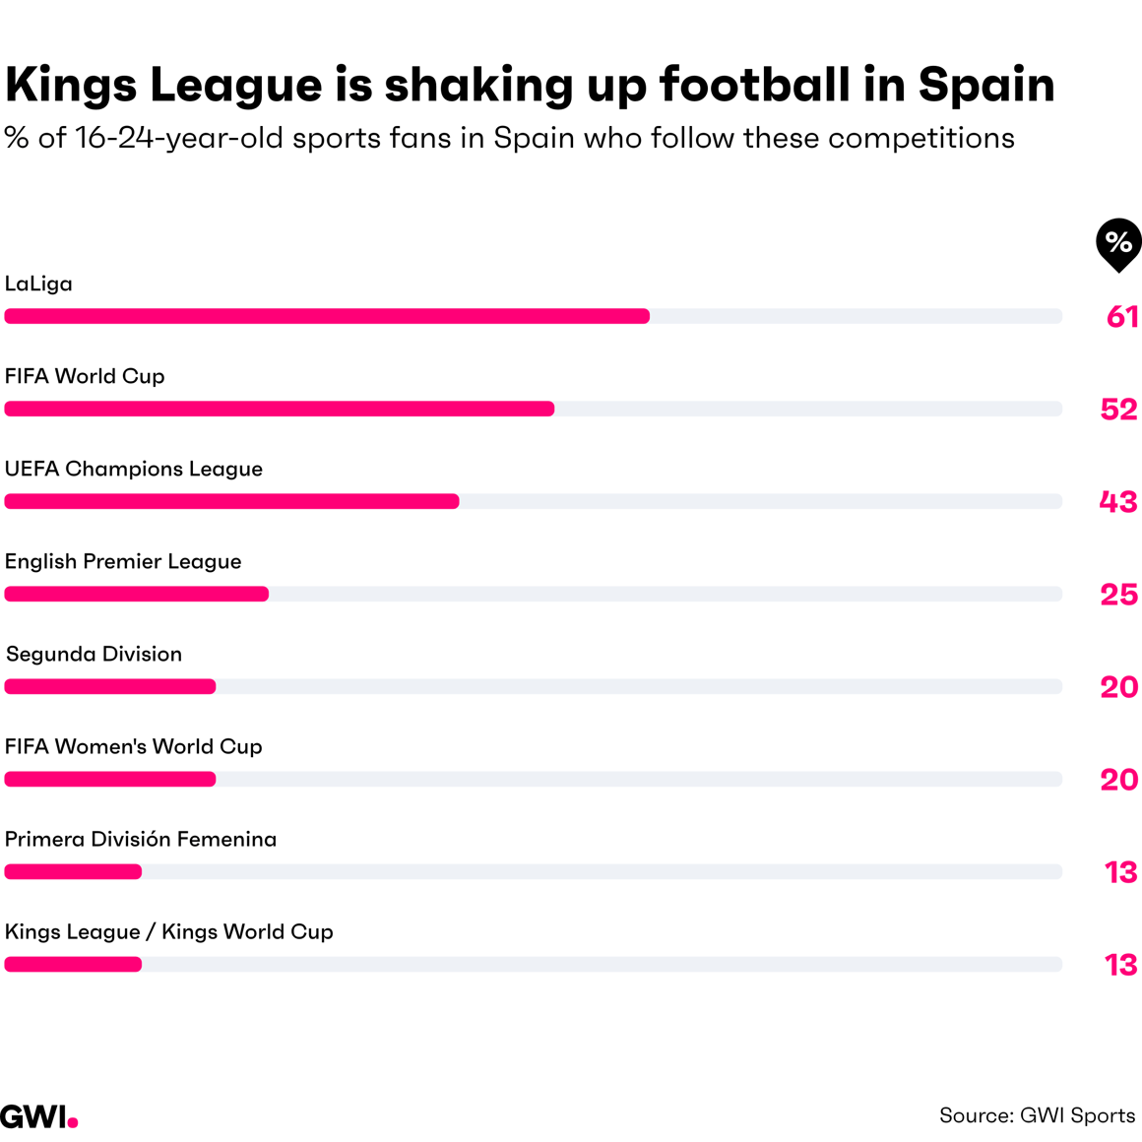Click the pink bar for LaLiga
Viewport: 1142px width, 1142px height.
tap(327, 316)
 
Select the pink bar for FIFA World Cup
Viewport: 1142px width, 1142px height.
tap(280, 409)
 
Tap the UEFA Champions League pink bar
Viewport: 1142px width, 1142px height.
tap(232, 501)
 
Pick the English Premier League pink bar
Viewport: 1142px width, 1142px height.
tap(137, 594)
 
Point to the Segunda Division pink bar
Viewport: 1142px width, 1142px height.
tap(110, 686)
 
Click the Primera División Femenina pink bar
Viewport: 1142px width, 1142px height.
tap(74, 871)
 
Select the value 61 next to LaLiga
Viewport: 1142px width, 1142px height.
tap(1122, 316)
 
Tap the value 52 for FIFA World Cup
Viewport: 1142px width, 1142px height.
tap(1119, 409)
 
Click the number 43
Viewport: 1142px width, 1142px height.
tap(1118, 501)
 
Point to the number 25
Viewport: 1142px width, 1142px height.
tap(1119, 594)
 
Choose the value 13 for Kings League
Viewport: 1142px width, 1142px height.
tap(1121, 964)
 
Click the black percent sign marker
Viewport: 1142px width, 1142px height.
tap(1118, 243)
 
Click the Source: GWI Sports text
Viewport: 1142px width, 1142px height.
tap(1038, 1115)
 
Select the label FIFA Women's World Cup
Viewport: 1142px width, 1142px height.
tap(134, 746)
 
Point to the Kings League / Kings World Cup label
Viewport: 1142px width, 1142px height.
tap(169, 931)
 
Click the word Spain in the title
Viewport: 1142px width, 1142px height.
tap(986, 85)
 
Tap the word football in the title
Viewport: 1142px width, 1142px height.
tap(755, 85)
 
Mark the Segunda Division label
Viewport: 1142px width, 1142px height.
tap(95, 654)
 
